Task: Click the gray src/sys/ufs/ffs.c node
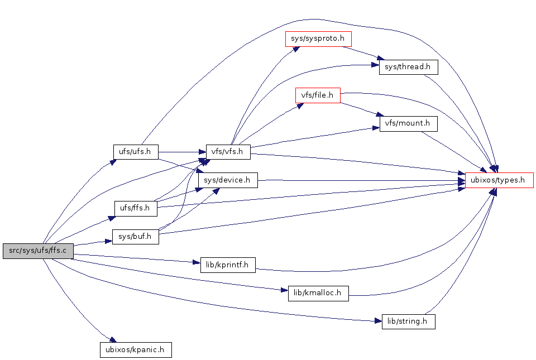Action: [x=38, y=251]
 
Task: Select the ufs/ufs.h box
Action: [x=136, y=151]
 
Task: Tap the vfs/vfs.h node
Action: [x=228, y=151]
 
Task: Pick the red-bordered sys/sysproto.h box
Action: [x=318, y=39]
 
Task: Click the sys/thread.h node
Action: [x=408, y=67]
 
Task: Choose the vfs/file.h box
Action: [x=318, y=95]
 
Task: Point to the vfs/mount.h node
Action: [x=408, y=123]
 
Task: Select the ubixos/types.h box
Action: [x=499, y=180]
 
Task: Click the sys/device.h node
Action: [x=228, y=180]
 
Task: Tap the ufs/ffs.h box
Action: [x=136, y=208]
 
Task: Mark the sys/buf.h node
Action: [x=136, y=237]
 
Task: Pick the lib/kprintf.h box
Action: [x=228, y=265]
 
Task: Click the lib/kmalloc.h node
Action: [x=318, y=293]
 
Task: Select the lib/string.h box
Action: [x=408, y=321]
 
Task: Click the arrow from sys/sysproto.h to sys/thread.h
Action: [x=363, y=53]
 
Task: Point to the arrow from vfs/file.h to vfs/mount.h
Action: [x=360, y=109]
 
